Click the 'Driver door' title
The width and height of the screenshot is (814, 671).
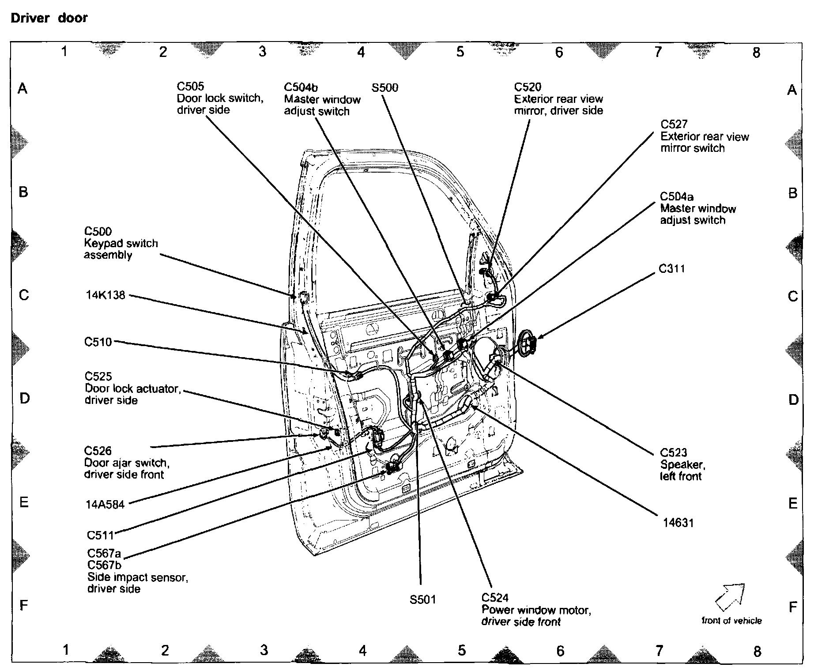tap(49, 18)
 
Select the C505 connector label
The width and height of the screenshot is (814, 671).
tap(190, 86)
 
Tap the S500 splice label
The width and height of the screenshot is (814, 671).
tap(384, 87)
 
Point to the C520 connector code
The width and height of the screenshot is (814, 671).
tap(528, 87)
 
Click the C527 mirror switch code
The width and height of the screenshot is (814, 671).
tap(674, 124)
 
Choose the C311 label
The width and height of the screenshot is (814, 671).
tap(671, 268)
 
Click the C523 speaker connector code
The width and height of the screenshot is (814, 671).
tap(674, 452)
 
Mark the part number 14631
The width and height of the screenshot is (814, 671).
tap(678, 523)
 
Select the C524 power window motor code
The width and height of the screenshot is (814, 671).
tap(495, 598)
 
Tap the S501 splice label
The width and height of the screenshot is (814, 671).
tap(422, 599)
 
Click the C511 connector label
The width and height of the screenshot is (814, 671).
tap(100, 535)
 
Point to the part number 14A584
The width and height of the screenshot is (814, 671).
tap(105, 504)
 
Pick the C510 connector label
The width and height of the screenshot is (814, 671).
tap(98, 342)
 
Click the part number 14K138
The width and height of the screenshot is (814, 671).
tap(106, 295)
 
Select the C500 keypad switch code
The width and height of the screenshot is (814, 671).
tap(98, 231)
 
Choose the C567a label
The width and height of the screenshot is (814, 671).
tap(104, 553)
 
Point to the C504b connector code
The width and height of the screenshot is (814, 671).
tap(301, 87)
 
